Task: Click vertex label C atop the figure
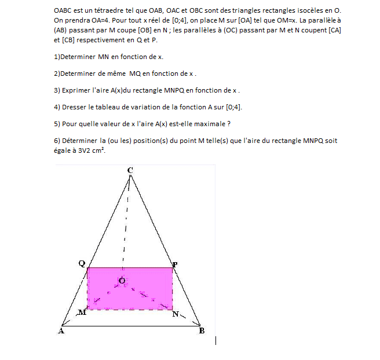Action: tap(130, 170)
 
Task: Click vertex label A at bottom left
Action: tap(61, 331)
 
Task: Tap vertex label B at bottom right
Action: tap(202, 331)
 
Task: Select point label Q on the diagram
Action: tap(82, 264)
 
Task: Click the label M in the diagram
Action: tap(82, 313)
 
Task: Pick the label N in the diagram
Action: tap(176, 314)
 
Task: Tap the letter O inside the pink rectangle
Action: tap(122, 281)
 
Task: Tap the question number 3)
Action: tap(57, 90)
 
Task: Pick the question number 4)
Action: tap(57, 107)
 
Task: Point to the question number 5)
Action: tap(57, 123)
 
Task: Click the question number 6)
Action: tap(57, 140)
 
